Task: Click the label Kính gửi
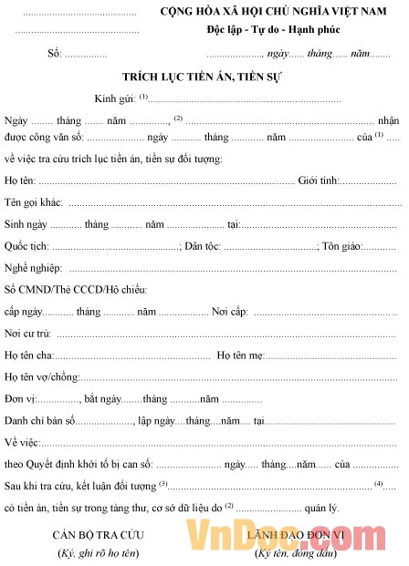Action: coord(114,98)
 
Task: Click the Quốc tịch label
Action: coord(26,247)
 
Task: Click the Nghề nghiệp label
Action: coord(33,269)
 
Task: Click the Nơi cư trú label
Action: coord(27,334)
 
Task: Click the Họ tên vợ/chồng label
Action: coord(41,377)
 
